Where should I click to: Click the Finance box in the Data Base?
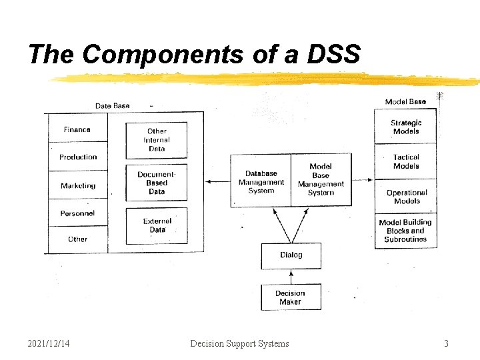point(77,129)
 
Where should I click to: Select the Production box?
point(77,157)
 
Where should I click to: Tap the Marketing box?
point(77,185)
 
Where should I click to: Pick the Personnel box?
point(77,213)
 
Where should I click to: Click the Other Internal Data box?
point(157,140)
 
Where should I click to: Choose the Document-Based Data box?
point(157,183)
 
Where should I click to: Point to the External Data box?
point(157,225)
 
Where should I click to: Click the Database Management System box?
point(261,181)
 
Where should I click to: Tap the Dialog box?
point(291,255)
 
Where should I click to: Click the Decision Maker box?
point(291,297)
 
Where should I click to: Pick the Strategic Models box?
point(406,127)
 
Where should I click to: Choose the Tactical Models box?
point(406,162)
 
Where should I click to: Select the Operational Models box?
point(406,197)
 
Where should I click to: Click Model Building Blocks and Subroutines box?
point(405,231)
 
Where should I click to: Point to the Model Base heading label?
point(405,102)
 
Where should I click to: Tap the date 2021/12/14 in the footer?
point(49,343)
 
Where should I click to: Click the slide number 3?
point(446,343)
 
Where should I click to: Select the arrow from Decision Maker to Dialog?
point(291,276)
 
